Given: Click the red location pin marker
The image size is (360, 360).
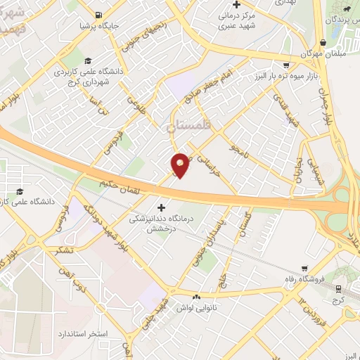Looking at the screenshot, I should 180,165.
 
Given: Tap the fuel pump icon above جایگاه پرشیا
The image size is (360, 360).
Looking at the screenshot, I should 96,15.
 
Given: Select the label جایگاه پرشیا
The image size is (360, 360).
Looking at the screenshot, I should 96,27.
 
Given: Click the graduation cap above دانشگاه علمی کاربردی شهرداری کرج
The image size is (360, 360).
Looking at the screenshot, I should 88,60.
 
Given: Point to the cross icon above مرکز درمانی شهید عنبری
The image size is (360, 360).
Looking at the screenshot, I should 237,5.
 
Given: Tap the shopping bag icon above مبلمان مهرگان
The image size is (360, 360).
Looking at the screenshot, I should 323,42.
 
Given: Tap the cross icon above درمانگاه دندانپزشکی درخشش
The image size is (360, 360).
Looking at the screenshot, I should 162,207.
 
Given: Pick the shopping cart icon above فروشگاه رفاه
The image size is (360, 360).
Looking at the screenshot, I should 304,268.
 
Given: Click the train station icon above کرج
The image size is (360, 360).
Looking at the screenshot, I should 337,288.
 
